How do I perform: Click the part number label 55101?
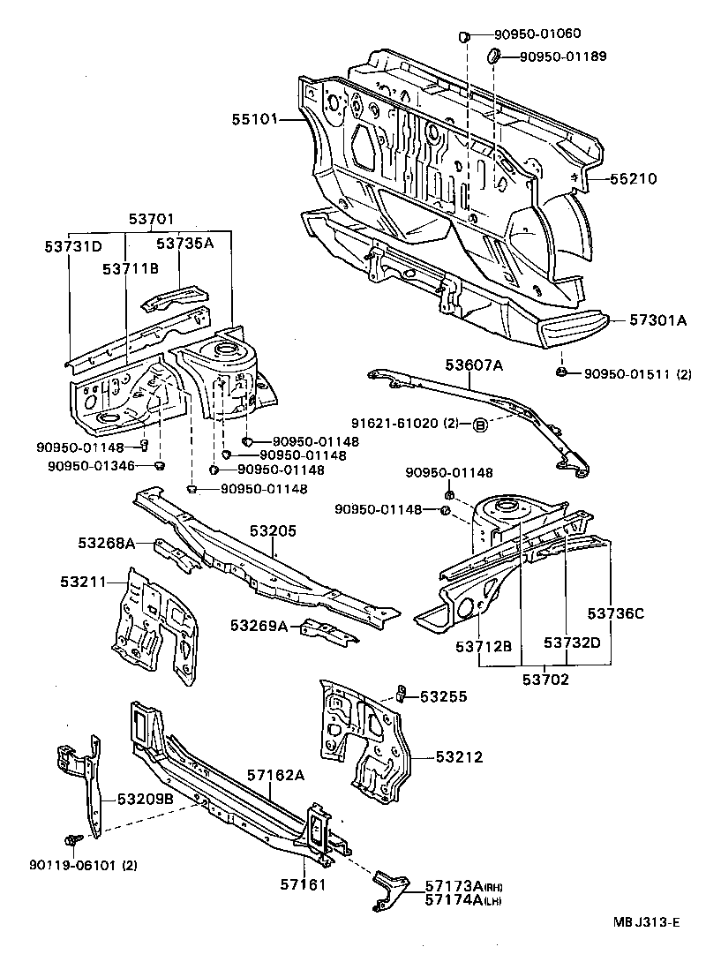coord(255,117)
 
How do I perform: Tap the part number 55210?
coord(632,178)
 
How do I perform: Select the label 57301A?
coord(657,320)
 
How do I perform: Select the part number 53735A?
coord(185,243)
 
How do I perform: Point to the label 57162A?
coord(275,775)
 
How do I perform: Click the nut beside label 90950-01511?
coord(562,372)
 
